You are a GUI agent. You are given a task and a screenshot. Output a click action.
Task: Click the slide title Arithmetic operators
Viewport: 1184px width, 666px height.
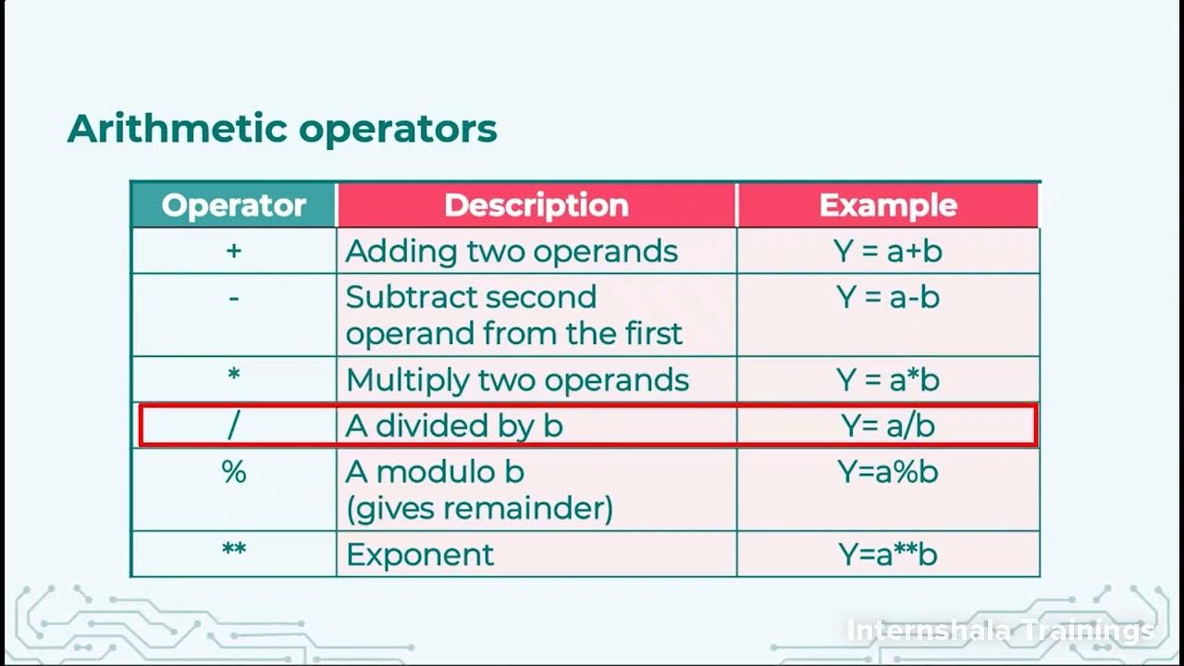(282, 129)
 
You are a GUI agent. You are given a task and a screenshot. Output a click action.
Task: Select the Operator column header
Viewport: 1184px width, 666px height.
(234, 205)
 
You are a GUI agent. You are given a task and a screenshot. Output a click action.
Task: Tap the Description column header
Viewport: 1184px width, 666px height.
(536, 205)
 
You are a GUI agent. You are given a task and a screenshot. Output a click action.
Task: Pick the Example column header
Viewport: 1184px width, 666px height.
(888, 205)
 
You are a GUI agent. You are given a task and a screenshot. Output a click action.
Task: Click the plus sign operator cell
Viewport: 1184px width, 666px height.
(234, 251)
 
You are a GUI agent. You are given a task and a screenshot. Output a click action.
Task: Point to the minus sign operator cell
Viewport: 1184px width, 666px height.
(234, 298)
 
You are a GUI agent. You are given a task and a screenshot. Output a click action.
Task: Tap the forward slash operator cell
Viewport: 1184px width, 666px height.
(234, 425)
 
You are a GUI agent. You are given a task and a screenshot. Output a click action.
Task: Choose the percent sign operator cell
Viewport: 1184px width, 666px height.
(234, 472)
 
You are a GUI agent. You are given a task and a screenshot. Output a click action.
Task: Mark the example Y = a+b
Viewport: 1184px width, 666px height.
(888, 251)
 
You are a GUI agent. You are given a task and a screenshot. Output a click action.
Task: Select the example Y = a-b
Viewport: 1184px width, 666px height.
(888, 297)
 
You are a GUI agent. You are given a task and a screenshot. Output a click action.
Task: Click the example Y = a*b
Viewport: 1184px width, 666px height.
(888, 380)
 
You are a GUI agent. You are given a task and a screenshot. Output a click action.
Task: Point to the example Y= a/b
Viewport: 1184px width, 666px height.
(888, 425)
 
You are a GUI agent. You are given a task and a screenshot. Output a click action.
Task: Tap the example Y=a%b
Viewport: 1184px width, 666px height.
(888, 472)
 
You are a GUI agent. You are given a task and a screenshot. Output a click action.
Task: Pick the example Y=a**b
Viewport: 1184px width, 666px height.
(888, 554)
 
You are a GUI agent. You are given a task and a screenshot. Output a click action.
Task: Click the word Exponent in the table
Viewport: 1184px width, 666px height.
(420, 554)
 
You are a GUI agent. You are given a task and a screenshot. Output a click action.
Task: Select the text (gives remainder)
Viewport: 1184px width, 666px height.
(479, 508)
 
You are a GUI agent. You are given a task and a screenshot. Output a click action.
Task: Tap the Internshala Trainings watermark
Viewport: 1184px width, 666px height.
(1000, 631)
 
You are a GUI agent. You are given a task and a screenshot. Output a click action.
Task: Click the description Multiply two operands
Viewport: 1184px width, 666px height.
(517, 380)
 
